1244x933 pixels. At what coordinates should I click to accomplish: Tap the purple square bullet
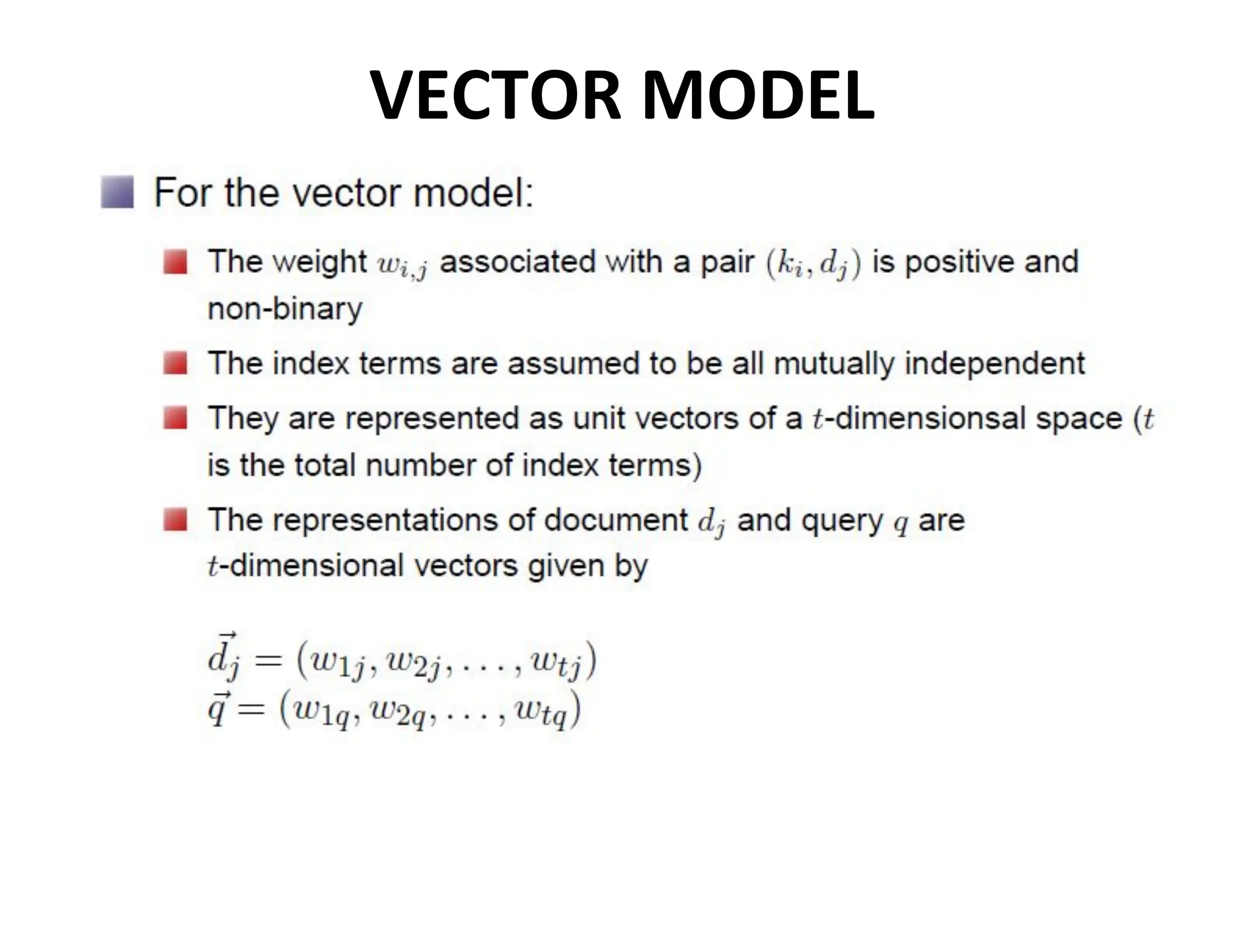click(117, 193)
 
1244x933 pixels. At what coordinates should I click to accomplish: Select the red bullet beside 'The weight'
click(175, 262)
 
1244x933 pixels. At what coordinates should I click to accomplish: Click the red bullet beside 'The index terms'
click(175, 364)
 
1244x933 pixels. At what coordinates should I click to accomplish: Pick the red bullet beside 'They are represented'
click(175, 419)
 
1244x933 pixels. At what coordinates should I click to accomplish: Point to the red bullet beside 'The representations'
click(175, 520)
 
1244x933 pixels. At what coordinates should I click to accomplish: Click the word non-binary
click(285, 309)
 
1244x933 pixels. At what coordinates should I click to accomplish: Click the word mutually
click(833, 364)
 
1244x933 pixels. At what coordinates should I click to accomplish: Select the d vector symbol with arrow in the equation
click(223, 658)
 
